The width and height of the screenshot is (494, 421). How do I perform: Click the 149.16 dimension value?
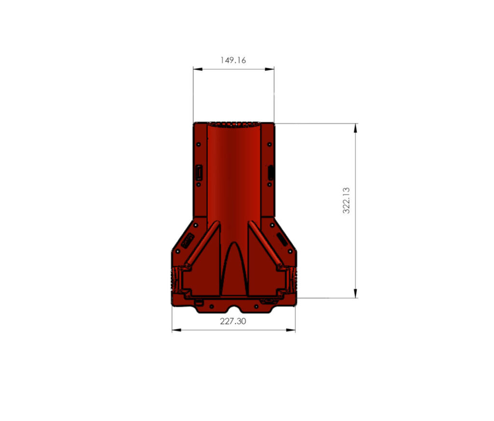tap(233, 60)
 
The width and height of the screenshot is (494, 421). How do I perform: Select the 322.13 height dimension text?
tap(346, 200)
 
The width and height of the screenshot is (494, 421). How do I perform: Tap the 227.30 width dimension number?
tap(233, 321)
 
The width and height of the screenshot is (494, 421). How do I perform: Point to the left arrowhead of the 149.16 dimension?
tap(198, 69)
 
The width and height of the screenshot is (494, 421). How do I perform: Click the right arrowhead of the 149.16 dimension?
tap(269, 69)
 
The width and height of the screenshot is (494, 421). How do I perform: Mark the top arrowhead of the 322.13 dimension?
tap(356, 128)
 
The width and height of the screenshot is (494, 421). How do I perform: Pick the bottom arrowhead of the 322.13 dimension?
tap(356, 293)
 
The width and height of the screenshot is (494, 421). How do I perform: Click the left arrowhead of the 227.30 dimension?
tap(177, 330)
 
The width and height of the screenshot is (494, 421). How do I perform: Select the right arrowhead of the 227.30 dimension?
tap(290, 330)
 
